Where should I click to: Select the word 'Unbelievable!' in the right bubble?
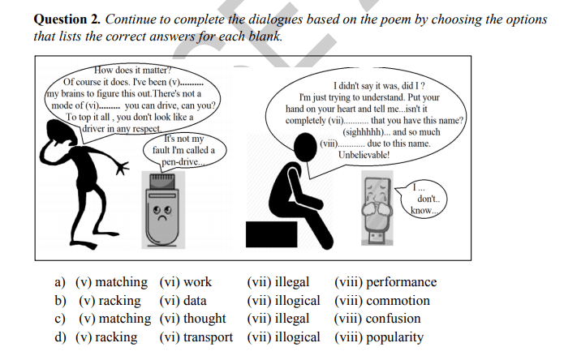click(x=364, y=154)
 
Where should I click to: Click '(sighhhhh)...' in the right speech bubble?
click(x=370, y=132)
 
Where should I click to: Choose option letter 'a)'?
click(x=59, y=283)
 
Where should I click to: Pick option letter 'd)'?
click(x=60, y=337)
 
